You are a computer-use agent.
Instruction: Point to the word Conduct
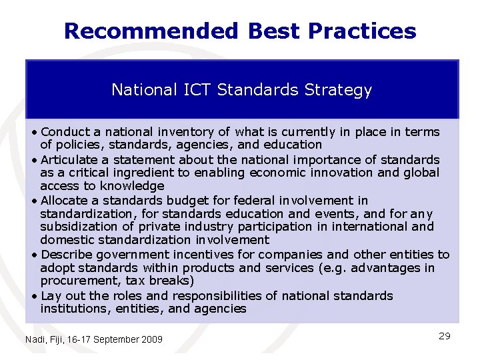click(64, 132)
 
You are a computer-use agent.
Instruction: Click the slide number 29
click(445, 336)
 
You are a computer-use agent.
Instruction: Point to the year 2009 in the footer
click(151, 340)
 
